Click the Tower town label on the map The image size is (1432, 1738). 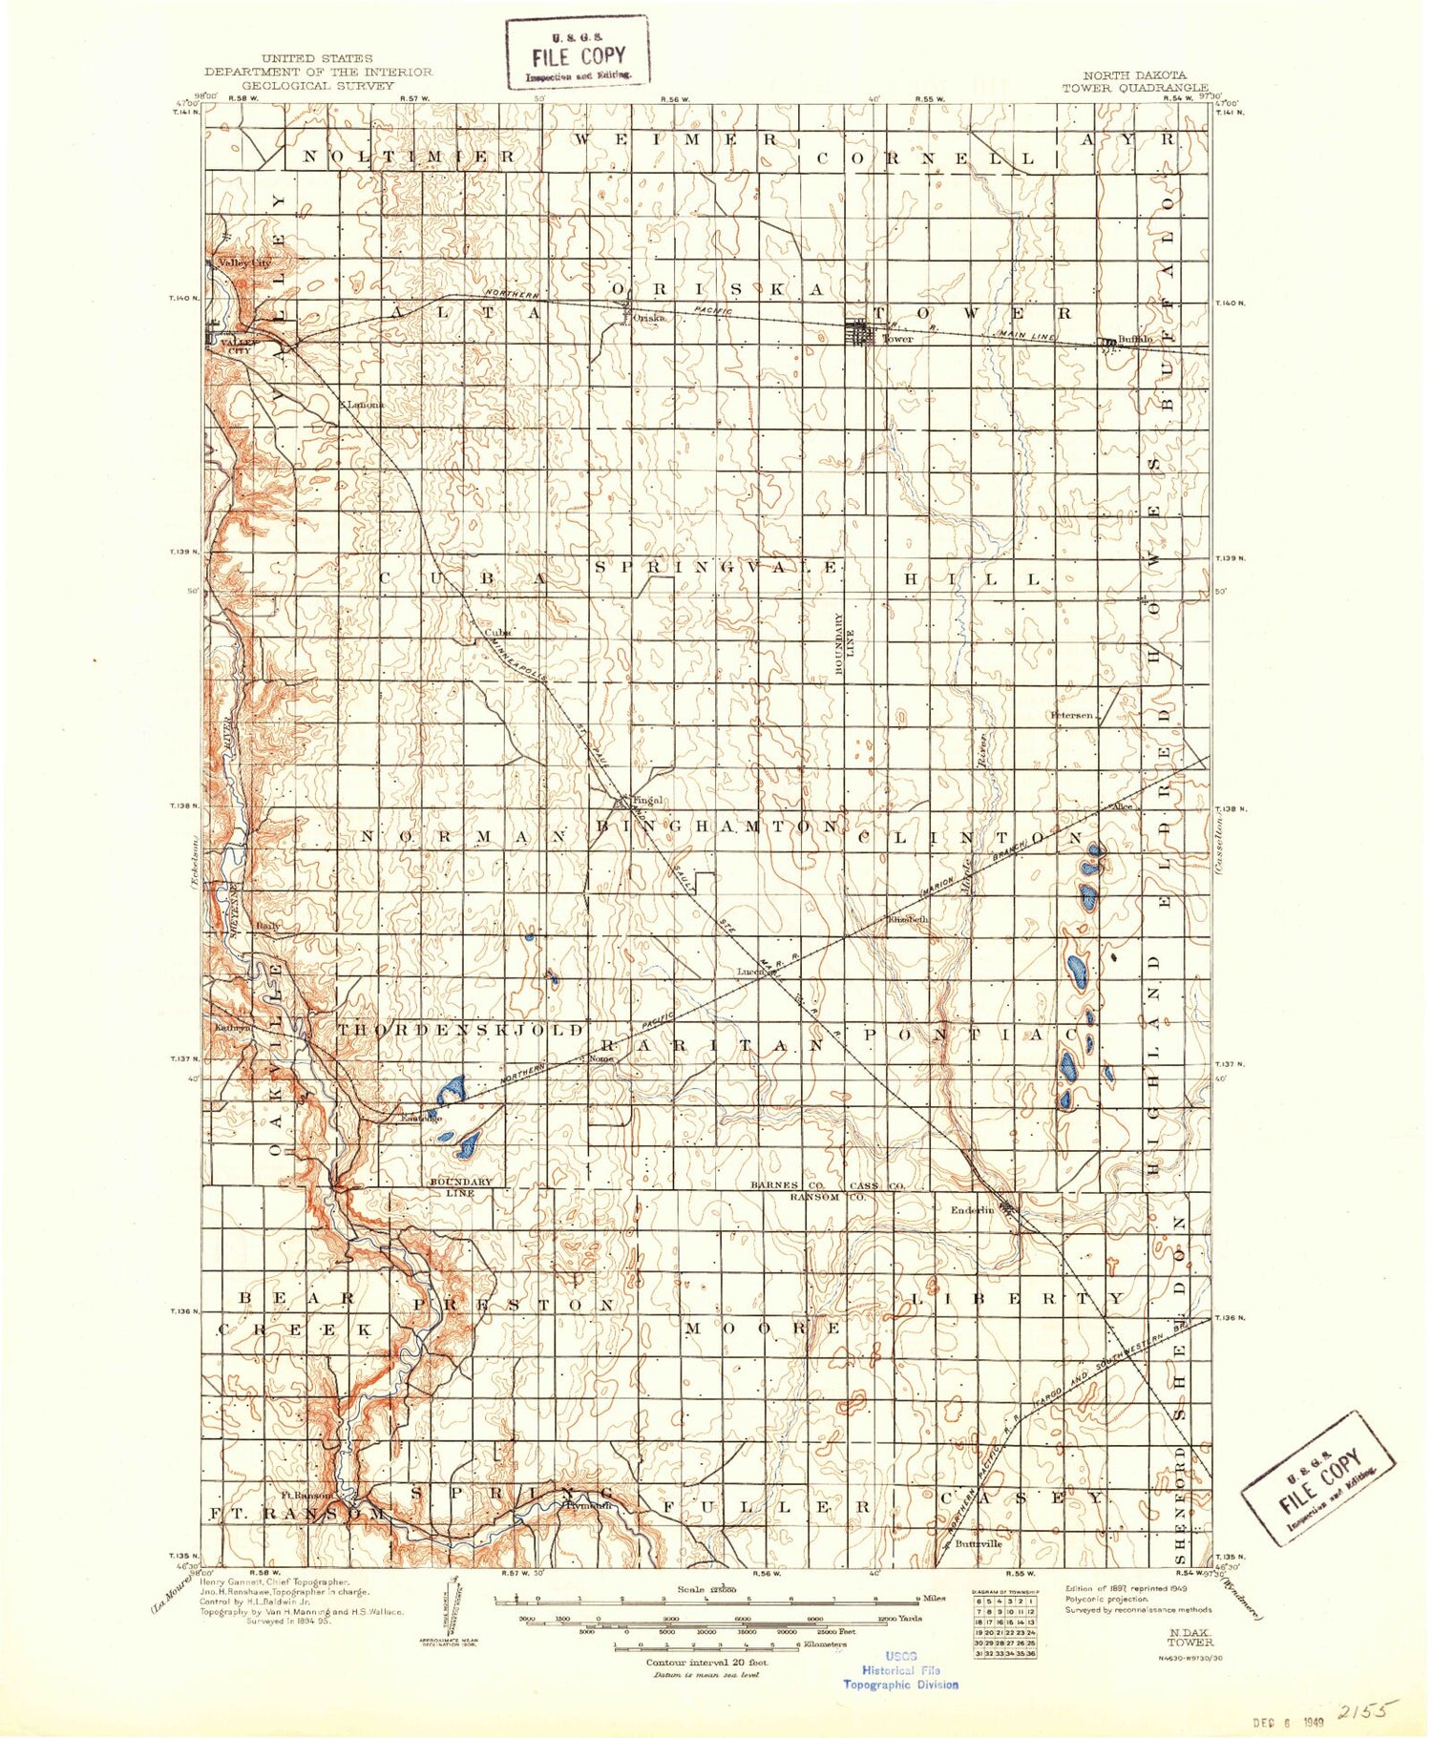tap(897, 339)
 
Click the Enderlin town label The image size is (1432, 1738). tap(972, 1210)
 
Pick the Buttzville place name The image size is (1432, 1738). tap(978, 1543)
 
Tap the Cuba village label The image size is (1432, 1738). tap(497, 632)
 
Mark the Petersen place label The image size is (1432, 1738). tap(1071, 715)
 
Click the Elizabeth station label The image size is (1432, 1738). tap(907, 920)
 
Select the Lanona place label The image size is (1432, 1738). tap(365, 404)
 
